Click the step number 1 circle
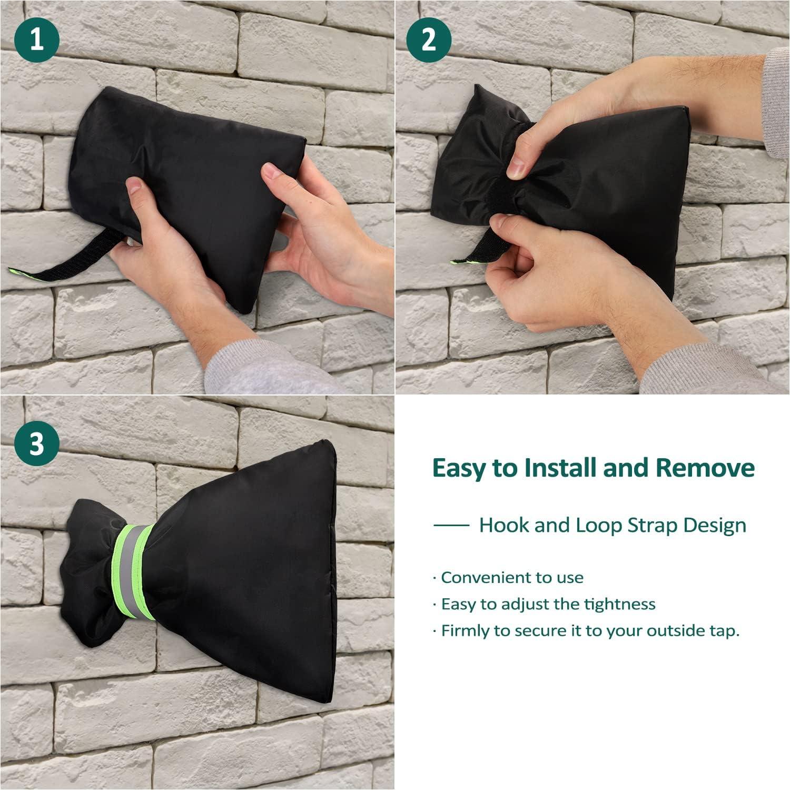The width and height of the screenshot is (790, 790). (x=37, y=39)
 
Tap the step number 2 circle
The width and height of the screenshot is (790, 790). (x=429, y=39)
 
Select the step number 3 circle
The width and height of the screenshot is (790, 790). (x=37, y=443)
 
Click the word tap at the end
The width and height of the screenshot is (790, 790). (x=723, y=631)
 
